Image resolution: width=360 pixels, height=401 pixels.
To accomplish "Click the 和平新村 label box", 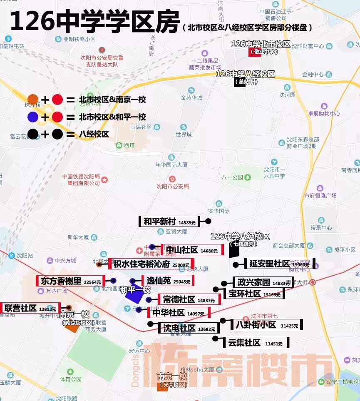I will pyautogui.click(x=169, y=222).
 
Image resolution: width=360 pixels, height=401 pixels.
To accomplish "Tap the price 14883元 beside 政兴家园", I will pyautogui.click(x=281, y=283).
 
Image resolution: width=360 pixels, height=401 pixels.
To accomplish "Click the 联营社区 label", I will pyautogui.click(x=30, y=308).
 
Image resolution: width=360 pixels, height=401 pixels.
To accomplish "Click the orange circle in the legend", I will pyautogui.click(x=33, y=100).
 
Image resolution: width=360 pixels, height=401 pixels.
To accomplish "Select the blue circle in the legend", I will pyautogui.click(x=33, y=117).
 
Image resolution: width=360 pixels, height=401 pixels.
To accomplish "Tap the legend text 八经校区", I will pyautogui.click(x=94, y=134).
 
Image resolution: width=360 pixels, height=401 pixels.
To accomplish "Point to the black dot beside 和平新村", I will pyautogui.click(x=208, y=222).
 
